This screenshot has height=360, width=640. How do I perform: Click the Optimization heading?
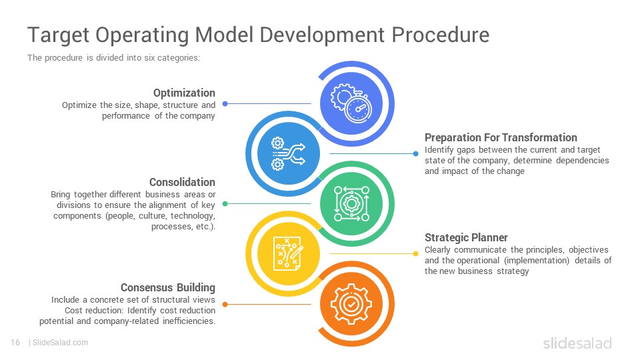point(184,93)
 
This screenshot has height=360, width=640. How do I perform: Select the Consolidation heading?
point(182,182)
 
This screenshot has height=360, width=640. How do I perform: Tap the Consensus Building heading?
point(168,288)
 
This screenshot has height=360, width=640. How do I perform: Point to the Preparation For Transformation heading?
point(501,137)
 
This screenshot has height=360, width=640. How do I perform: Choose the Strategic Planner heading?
point(466,237)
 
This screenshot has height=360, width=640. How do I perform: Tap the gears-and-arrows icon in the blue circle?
point(288,153)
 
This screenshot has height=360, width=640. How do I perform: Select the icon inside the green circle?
point(351,204)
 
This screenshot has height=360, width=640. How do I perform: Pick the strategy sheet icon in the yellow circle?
point(289,253)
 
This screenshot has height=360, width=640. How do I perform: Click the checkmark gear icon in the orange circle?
point(351,304)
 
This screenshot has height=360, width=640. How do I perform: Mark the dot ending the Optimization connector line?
point(225,104)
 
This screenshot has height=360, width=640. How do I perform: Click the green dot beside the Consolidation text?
point(225,204)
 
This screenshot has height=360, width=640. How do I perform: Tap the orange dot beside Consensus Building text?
point(225,305)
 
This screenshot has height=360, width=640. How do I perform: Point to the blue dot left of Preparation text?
point(415,154)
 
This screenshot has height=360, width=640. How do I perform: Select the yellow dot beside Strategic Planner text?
point(415,254)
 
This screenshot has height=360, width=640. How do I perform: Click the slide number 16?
point(15,343)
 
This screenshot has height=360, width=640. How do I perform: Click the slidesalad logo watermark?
point(577,343)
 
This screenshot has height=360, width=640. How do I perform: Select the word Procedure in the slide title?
point(441,35)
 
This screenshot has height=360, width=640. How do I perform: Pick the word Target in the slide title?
point(59,35)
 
